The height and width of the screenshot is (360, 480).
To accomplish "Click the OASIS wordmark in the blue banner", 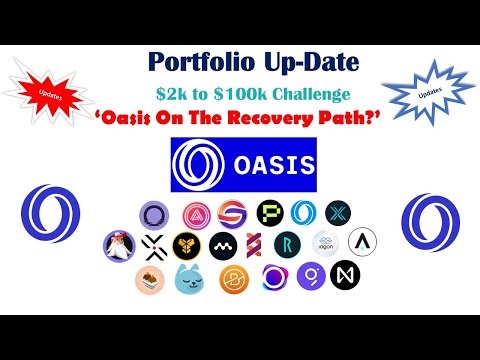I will click(263, 163).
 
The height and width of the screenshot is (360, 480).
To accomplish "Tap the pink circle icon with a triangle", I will click(194, 212).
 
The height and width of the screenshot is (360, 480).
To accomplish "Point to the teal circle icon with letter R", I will click(291, 243).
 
